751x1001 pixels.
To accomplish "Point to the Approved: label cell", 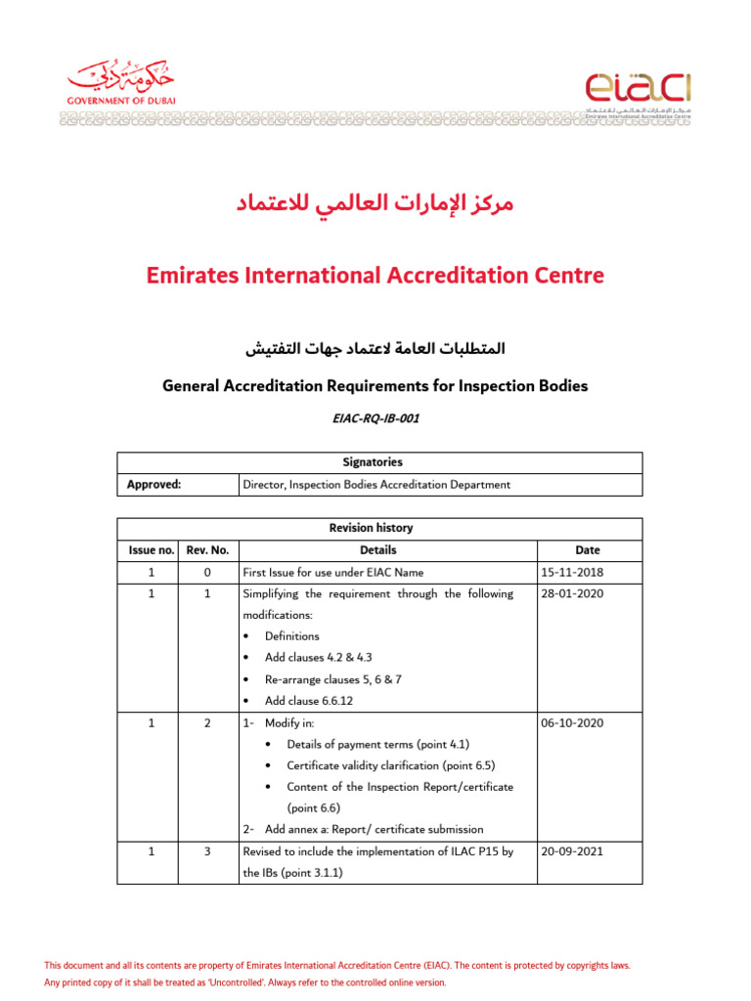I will tap(155, 484).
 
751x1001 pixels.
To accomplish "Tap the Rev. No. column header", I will tap(207, 550).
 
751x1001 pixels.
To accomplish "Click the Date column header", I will tap(589, 550).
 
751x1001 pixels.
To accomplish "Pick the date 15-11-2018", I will tap(572, 573).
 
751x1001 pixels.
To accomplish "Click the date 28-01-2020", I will tap(572, 594).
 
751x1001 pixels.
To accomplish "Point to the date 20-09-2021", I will tap(572, 851).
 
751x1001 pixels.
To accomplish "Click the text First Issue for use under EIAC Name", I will tap(332, 573).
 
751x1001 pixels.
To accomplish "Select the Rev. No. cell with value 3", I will tap(207, 851).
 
